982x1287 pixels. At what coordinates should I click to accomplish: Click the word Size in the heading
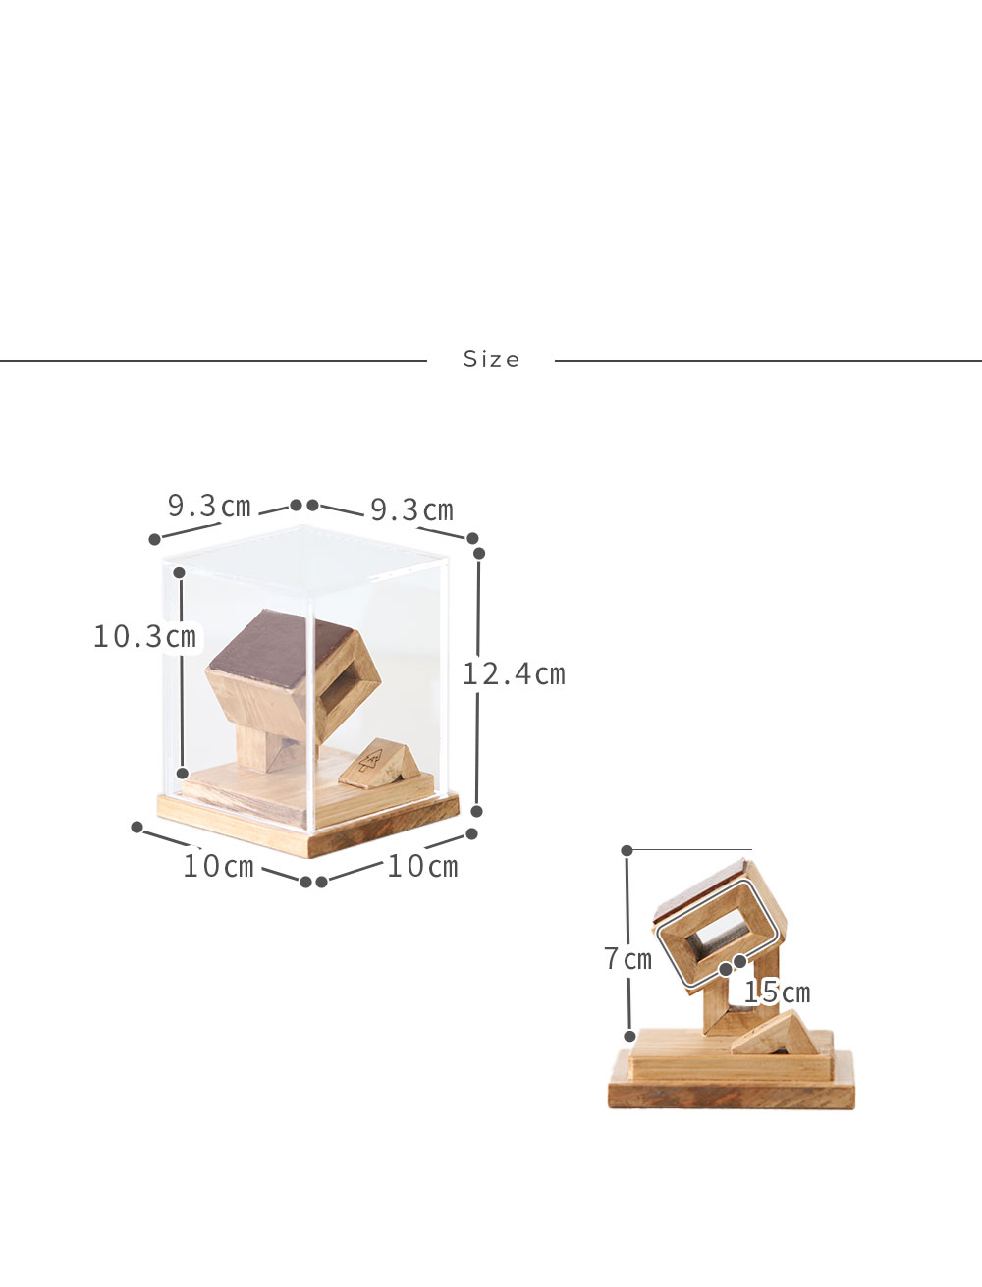point(491,359)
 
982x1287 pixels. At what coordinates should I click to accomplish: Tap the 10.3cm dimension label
point(144,637)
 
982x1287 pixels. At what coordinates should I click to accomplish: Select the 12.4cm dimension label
point(515,674)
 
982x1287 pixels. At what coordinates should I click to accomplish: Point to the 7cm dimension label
point(627,959)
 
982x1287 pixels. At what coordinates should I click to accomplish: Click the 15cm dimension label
point(777,992)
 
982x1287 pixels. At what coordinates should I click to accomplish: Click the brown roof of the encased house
point(280,648)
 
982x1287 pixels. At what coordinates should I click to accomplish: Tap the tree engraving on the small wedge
point(370,761)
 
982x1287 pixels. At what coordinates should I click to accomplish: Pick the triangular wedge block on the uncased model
point(776,1033)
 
